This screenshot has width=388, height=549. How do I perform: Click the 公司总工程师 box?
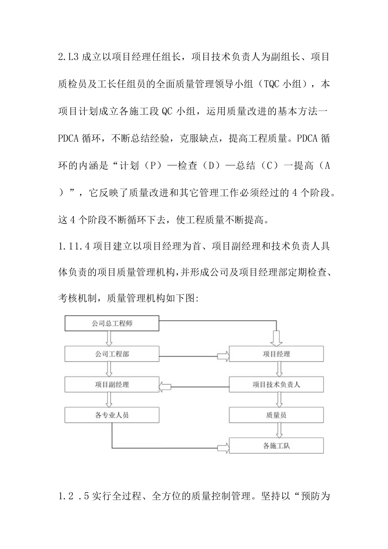click(112, 324)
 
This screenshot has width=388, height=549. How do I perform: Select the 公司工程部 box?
click(112, 354)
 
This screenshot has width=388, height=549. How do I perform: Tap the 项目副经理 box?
click(112, 384)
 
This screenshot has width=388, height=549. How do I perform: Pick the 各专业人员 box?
click(112, 415)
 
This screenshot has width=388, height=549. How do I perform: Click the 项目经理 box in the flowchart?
click(276, 354)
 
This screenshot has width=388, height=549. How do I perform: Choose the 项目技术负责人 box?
click(276, 384)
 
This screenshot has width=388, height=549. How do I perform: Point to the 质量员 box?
click(276, 415)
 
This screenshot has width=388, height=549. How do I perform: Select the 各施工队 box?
click(276, 446)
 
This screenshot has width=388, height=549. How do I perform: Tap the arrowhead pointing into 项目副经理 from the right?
click(164, 385)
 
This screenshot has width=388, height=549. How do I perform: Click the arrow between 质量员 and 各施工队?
click(279, 430)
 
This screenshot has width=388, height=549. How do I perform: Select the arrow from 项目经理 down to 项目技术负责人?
click(279, 369)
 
